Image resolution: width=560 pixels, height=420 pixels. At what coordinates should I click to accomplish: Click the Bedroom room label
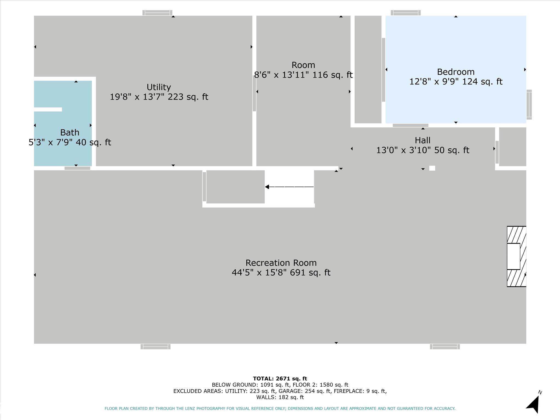click(456, 72)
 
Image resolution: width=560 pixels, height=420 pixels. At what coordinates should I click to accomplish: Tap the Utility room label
click(159, 87)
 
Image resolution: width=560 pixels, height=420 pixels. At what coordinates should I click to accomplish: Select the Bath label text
click(70, 133)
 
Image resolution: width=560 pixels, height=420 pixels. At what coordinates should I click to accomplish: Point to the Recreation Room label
click(281, 263)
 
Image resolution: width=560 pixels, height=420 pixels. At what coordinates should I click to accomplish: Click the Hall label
click(422, 140)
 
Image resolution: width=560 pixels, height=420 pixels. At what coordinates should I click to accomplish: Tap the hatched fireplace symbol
click(517, 256)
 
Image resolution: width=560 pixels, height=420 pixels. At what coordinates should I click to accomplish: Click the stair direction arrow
click(289, 187)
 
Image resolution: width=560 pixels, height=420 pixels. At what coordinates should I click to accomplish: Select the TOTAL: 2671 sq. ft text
click(280, 379)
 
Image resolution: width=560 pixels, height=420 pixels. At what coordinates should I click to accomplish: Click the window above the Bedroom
click(406, 13)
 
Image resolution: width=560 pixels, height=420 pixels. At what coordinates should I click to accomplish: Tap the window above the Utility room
click(157, 13)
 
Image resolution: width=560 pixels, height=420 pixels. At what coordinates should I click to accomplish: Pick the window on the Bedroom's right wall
click(529, 104)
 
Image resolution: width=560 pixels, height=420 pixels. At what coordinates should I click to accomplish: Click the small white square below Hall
click(432, 168)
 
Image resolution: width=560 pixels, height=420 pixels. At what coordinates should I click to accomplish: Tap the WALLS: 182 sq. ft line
click(280, 397)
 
